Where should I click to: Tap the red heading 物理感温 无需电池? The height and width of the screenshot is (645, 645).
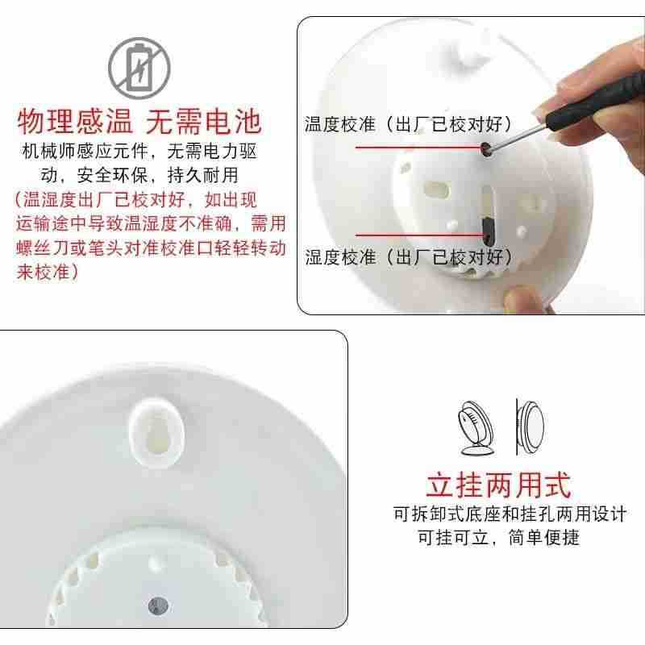(x=139, y=122)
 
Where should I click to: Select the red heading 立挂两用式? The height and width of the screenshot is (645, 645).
(x=498, y=485)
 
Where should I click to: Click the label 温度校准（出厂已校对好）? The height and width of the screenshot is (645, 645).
(x=408, y=124)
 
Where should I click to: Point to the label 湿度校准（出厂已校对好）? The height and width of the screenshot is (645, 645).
(x=409, y=257)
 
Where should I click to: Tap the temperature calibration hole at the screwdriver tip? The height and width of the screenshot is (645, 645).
(x=486, y=148)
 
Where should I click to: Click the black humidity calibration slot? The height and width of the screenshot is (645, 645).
(x=488, y=231)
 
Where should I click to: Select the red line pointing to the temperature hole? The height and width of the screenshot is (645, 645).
(x=418, y=147)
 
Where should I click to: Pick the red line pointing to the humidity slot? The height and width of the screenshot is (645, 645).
(x=418, y=235)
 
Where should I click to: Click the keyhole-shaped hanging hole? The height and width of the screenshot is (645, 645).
(x=156, y=433)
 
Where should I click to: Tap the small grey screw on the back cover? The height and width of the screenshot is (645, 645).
(x=157, y=605)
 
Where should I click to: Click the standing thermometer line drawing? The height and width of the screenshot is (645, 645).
(x=476, y=428)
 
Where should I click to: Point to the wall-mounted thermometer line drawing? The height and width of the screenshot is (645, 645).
(x=530, y=427)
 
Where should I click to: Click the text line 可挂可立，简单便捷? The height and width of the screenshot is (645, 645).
(x=498, y=537)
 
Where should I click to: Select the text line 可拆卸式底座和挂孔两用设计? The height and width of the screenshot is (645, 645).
(x=510, y=514)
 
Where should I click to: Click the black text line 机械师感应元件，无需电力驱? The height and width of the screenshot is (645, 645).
(x=139, y=152)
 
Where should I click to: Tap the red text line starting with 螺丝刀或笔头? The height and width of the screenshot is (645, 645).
(x=151, y=248)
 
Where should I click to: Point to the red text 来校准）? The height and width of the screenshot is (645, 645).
(x=48, y=272)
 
